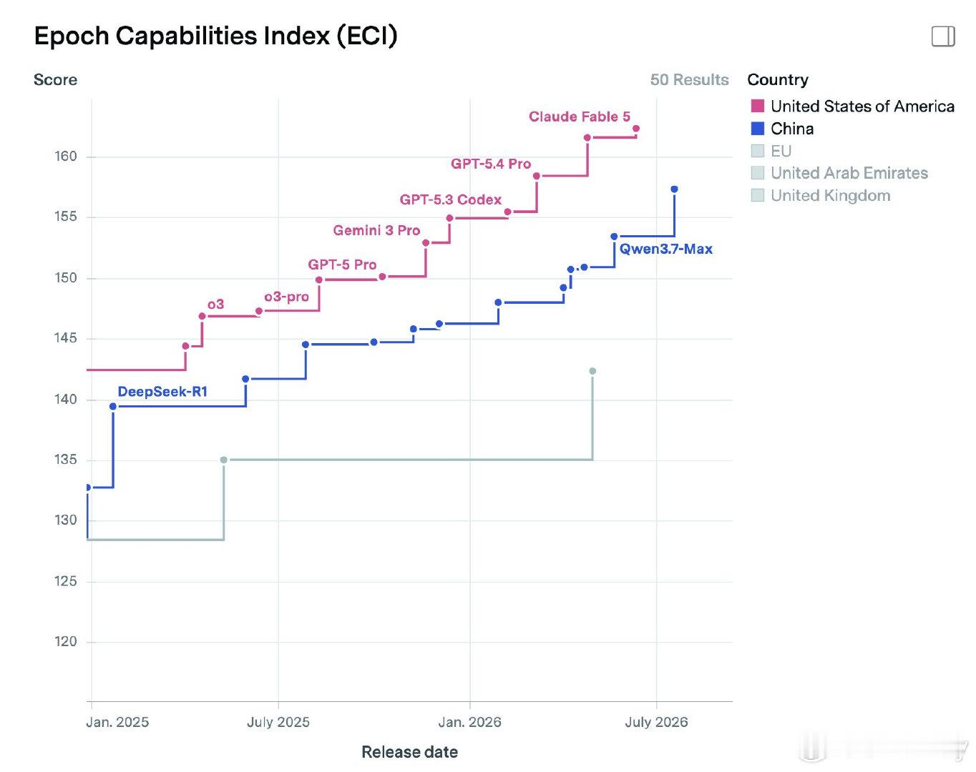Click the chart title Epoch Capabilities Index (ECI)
216,36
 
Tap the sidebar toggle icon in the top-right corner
943,36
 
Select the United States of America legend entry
853,106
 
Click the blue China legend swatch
757,129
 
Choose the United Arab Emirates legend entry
839,173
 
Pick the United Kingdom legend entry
821,195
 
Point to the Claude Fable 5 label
580,117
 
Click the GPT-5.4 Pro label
491,164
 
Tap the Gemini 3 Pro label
376,230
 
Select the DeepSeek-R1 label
162,392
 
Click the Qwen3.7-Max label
665,249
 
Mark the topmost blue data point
675,189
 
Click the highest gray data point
592,371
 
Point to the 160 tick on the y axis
66,157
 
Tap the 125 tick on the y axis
66,581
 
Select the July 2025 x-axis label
278,722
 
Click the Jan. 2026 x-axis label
470,722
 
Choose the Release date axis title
409,752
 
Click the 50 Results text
689,80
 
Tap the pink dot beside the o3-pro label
259,311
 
